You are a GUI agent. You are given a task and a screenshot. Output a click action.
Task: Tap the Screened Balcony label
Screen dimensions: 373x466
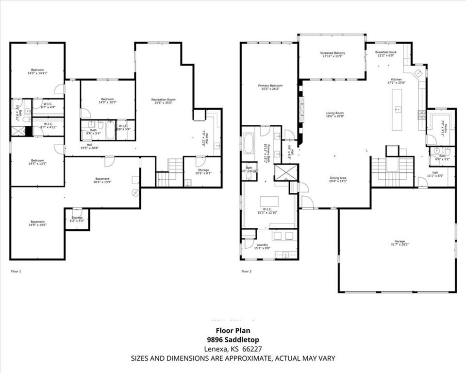(333, 54)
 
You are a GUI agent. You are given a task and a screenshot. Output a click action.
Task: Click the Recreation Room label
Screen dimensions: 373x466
(163, 101)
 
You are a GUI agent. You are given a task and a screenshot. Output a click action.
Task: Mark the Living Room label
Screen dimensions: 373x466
(334, 115)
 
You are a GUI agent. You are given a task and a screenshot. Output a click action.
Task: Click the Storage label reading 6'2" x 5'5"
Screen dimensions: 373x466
(77, 219)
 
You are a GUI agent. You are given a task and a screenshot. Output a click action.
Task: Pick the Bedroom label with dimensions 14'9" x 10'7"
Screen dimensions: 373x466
(107, 101)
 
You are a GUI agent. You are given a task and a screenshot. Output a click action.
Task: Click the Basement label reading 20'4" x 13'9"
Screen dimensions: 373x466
(102, 180)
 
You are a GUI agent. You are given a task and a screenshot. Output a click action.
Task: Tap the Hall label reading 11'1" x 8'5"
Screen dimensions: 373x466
(435, 175)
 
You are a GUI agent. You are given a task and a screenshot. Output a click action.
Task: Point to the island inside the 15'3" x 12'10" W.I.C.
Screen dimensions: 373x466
(269, 201)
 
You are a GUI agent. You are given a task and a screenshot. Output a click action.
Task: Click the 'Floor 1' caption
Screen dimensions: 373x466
(16, 271)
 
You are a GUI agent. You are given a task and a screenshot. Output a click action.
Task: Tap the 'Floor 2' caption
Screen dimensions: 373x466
(247, 271)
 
